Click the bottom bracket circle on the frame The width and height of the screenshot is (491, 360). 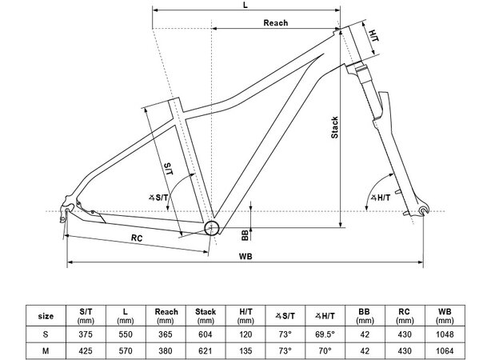pyautogui.click(x=212, y=228)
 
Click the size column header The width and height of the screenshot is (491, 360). pyautogui.click(x=47, y=314)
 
